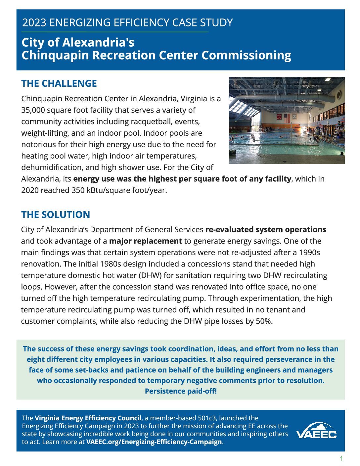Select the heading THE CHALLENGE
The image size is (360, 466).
59,83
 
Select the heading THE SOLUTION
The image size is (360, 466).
55,214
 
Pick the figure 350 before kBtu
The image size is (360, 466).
78,190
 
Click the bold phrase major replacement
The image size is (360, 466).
145,241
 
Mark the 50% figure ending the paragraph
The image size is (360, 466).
264,321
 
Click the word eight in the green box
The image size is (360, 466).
36,359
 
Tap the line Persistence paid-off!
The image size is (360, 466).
181,391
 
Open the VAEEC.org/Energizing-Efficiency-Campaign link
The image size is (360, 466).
154,442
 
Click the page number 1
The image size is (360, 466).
341,459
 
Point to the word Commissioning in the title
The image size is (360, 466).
247,55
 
